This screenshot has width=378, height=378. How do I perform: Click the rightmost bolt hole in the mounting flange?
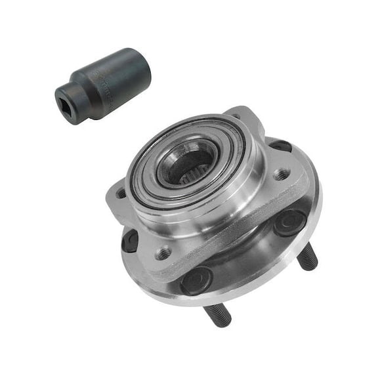point(282,174)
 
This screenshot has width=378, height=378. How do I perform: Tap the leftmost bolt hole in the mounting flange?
point(121,193)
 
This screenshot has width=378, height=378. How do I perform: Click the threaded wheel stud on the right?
point(306,259)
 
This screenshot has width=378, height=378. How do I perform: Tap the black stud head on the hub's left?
point(131,241)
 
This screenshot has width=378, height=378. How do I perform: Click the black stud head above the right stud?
point(289,223)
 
